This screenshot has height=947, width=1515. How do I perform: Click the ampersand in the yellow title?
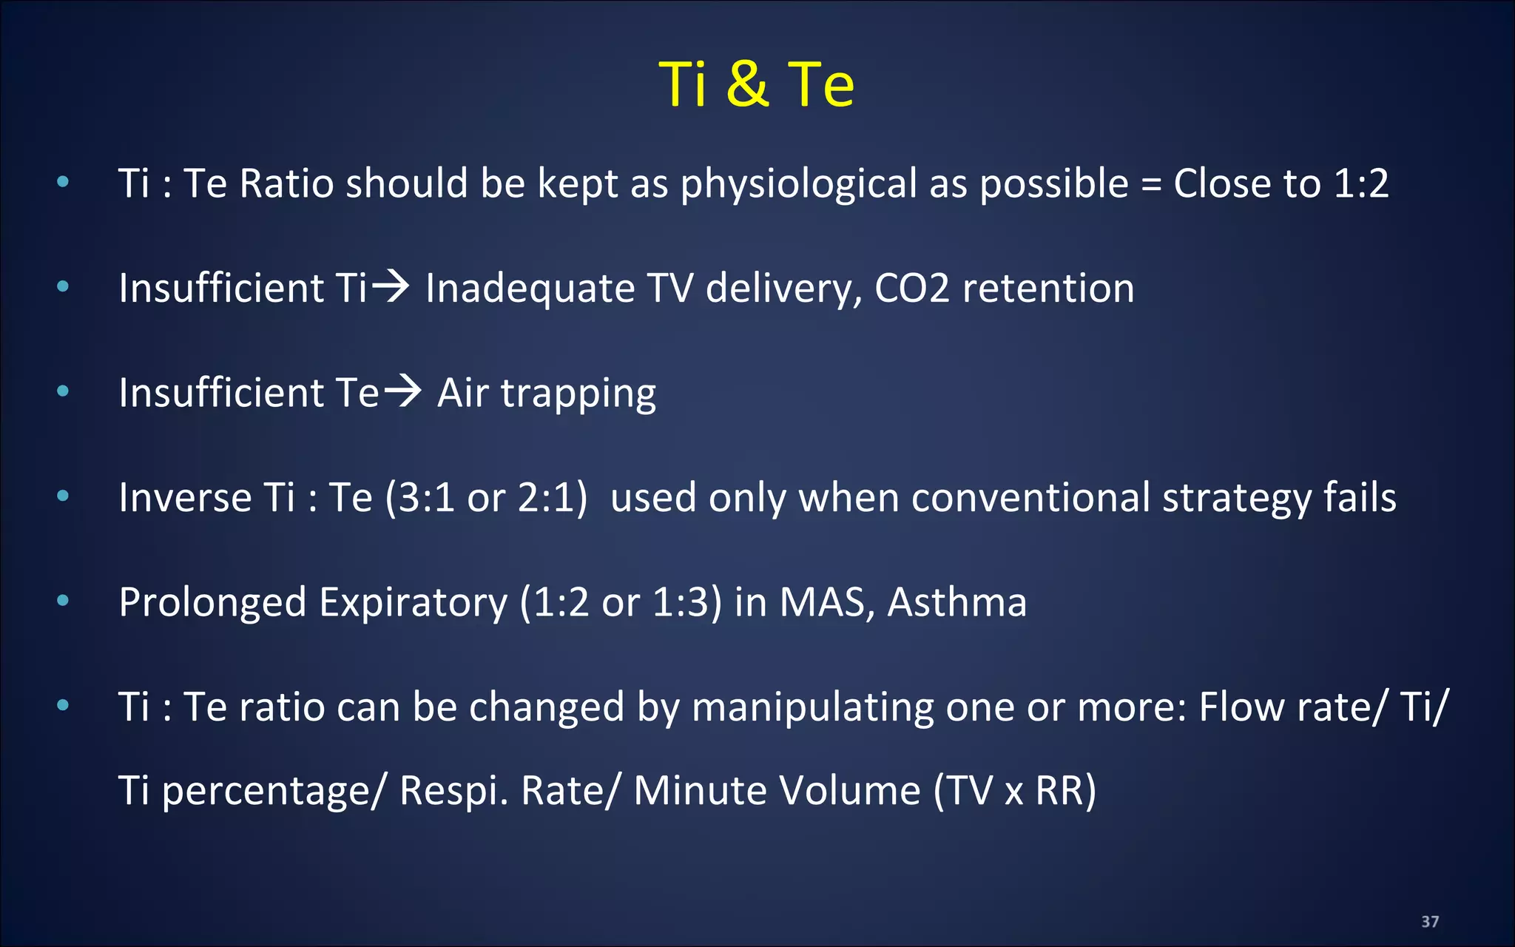(x=748, y=84)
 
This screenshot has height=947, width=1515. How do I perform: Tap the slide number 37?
(x=1430, y=921)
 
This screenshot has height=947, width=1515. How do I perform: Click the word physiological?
(x=798, y=184)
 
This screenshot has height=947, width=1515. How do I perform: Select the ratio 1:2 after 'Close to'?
(x=1361, y=183)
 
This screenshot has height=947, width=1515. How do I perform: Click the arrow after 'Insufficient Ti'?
(x=391, y=287)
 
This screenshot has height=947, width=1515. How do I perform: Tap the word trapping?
(x=578, y=394)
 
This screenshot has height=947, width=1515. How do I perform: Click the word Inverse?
(x=184, y=497)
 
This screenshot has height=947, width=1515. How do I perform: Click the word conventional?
(x=1030, y=497)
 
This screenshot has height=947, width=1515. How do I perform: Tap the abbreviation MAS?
(x=822, y=602)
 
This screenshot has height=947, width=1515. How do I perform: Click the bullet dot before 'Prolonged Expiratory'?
(x=63, y=600)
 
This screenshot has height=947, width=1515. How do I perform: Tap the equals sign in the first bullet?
(x=1150, y=185)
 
